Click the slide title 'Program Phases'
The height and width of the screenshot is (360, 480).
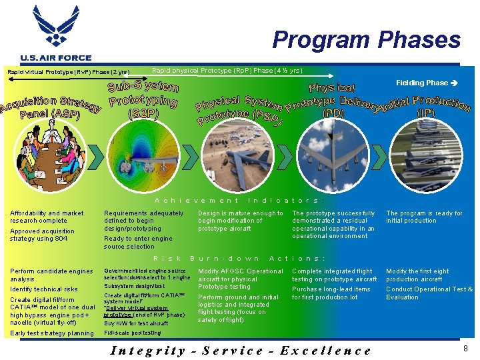pyautogui.click(x=366, y=40)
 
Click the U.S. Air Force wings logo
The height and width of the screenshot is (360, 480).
pyautogui.click(x=55, y=29)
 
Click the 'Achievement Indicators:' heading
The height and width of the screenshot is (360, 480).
pyautogui.click(x=239, y=200)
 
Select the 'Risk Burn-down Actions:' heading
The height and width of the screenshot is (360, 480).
pyautogui.click(x=239, y=258)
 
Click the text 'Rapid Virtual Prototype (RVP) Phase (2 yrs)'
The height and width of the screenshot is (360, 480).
pyautogui.click(x=68, y=72)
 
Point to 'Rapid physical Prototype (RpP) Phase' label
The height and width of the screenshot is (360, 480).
pyautogui.click(x=227, y=70)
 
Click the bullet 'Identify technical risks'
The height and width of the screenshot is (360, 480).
pyautogui.click(x=44, y=289)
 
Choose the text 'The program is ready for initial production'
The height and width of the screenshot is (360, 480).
pyautogui.click(x=424, y=217)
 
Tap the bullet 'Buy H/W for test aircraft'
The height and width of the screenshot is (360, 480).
pyautogui.click(x=136, y=323)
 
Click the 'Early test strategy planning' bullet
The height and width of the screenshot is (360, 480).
pyautogui.click(x=52, y=333)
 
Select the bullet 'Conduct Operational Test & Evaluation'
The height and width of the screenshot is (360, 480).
pyautogui.click(x=429, y=293)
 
